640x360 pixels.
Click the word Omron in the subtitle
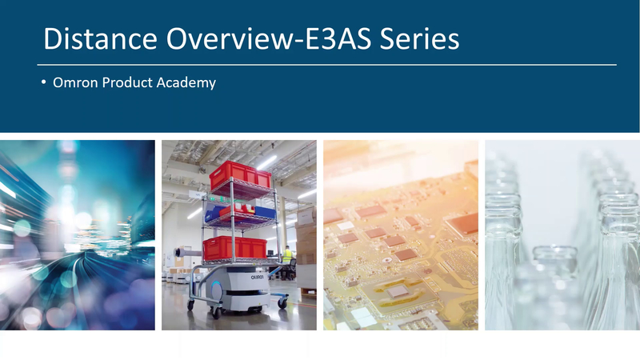(x=75, y=82)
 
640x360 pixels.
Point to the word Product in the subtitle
(x=129, y=82)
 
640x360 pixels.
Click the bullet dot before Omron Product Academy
(x=44, y=82)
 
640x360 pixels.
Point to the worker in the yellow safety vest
(x=287, y=258)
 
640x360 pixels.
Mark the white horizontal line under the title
(x=326, y=64)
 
